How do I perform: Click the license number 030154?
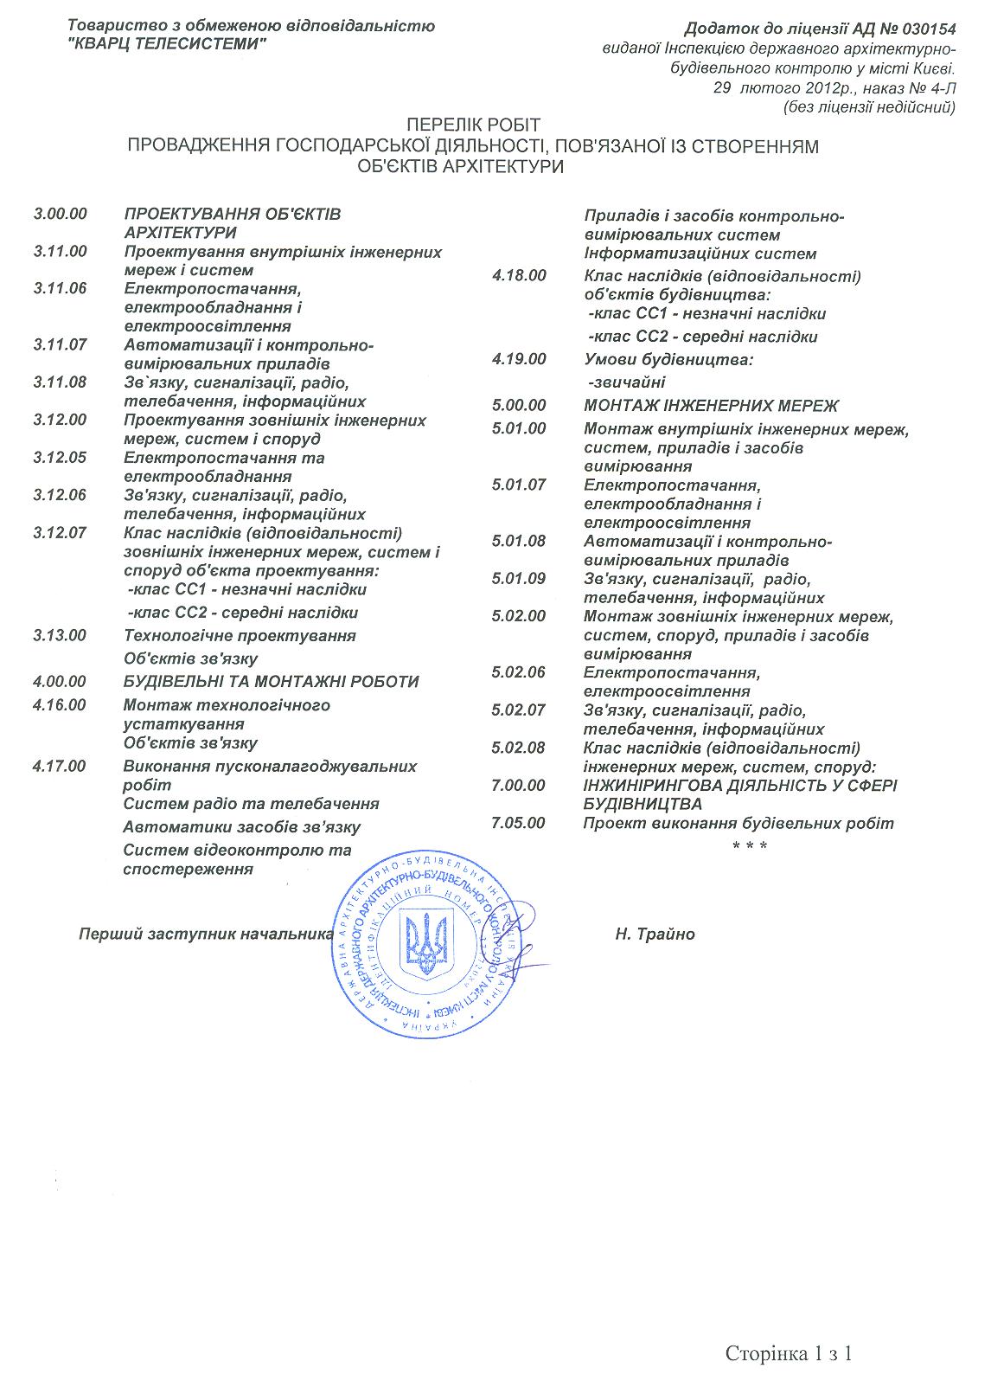[x=927, y=29]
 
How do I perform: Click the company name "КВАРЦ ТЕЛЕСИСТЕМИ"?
[x=167, y=44]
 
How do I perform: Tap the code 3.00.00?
[x=61, y=214]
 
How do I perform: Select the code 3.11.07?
[x=61, y=344]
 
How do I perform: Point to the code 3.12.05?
[x=61, y=457]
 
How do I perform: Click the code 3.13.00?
[x=61, y=635]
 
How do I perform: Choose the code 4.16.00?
[x=61, y=704]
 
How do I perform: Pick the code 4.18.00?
[x=519, y=275]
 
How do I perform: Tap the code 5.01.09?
[x=519, y=578]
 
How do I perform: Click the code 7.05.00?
[x=519, y=822]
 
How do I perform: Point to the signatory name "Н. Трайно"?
[x=655, y=935]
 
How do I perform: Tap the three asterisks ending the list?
[x=750, y=845]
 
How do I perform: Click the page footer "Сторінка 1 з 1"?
[x=790, y=1353]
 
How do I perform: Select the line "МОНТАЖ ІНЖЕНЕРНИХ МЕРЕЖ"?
[x=712, y=405]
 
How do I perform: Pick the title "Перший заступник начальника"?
[x=206, y=935]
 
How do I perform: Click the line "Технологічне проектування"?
[x=240, y=635]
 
